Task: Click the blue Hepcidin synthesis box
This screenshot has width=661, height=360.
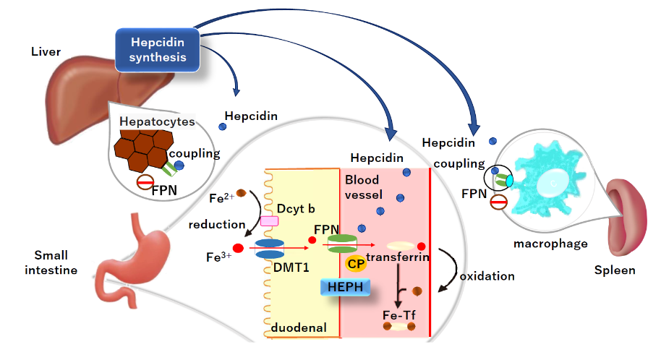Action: (158, 48)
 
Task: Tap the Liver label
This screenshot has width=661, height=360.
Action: (46, 52)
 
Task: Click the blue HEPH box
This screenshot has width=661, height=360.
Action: (346, 288)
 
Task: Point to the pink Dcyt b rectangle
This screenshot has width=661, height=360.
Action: (269, 221)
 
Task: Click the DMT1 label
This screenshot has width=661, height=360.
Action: (288, 268)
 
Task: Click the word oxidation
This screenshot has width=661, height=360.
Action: (487, 276)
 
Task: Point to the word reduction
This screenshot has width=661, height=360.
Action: (212, 225)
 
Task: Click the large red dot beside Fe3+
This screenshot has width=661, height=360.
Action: (238, 249)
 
